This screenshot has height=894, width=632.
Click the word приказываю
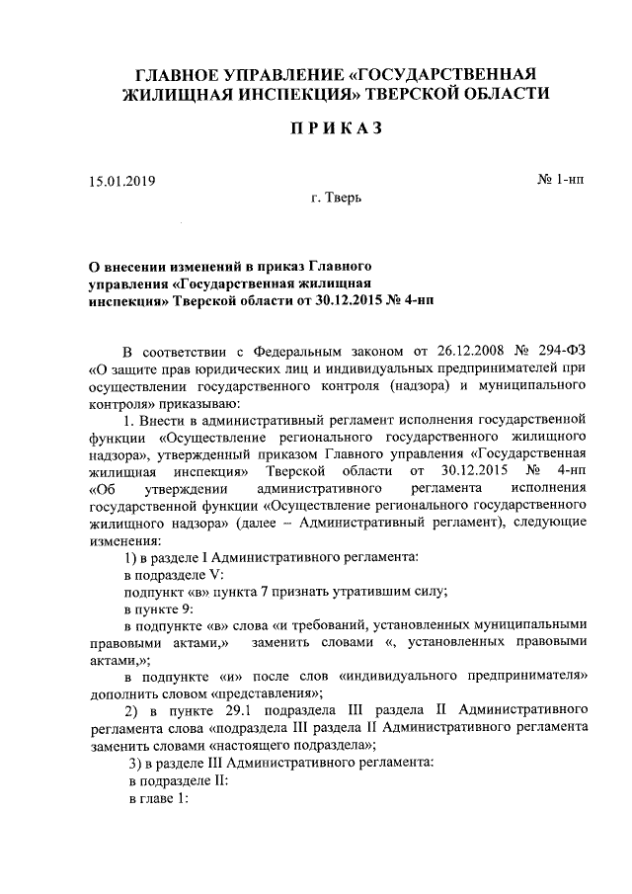[x=193, y=402]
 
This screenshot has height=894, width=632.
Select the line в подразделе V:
[x=175, y=573]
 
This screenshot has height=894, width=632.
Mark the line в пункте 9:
[x=160, y=609]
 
